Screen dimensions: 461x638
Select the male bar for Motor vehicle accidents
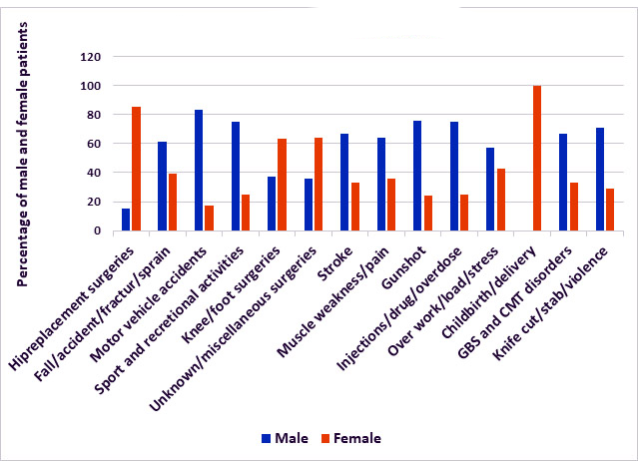pyautogui.click(x=199, y=170)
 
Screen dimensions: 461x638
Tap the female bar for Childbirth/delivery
pyautogui.click(x=537, y=158)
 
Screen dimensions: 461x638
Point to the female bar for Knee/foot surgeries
pyautogui.click(x=282, y=185)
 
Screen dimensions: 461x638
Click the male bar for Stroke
pyautogui.click(x=344, y=182)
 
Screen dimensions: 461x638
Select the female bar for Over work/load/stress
pyautogui.click(x=501, y=200)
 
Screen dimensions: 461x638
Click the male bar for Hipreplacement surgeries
pyautogui.click(x=126, y=220)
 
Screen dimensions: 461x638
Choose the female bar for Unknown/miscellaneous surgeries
pyautogui.click(x=319, y=184)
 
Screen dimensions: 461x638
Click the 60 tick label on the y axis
pyautogui.click(x=92, y=144)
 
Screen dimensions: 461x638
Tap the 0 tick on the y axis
pyautogui.click(x=96, y=230)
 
